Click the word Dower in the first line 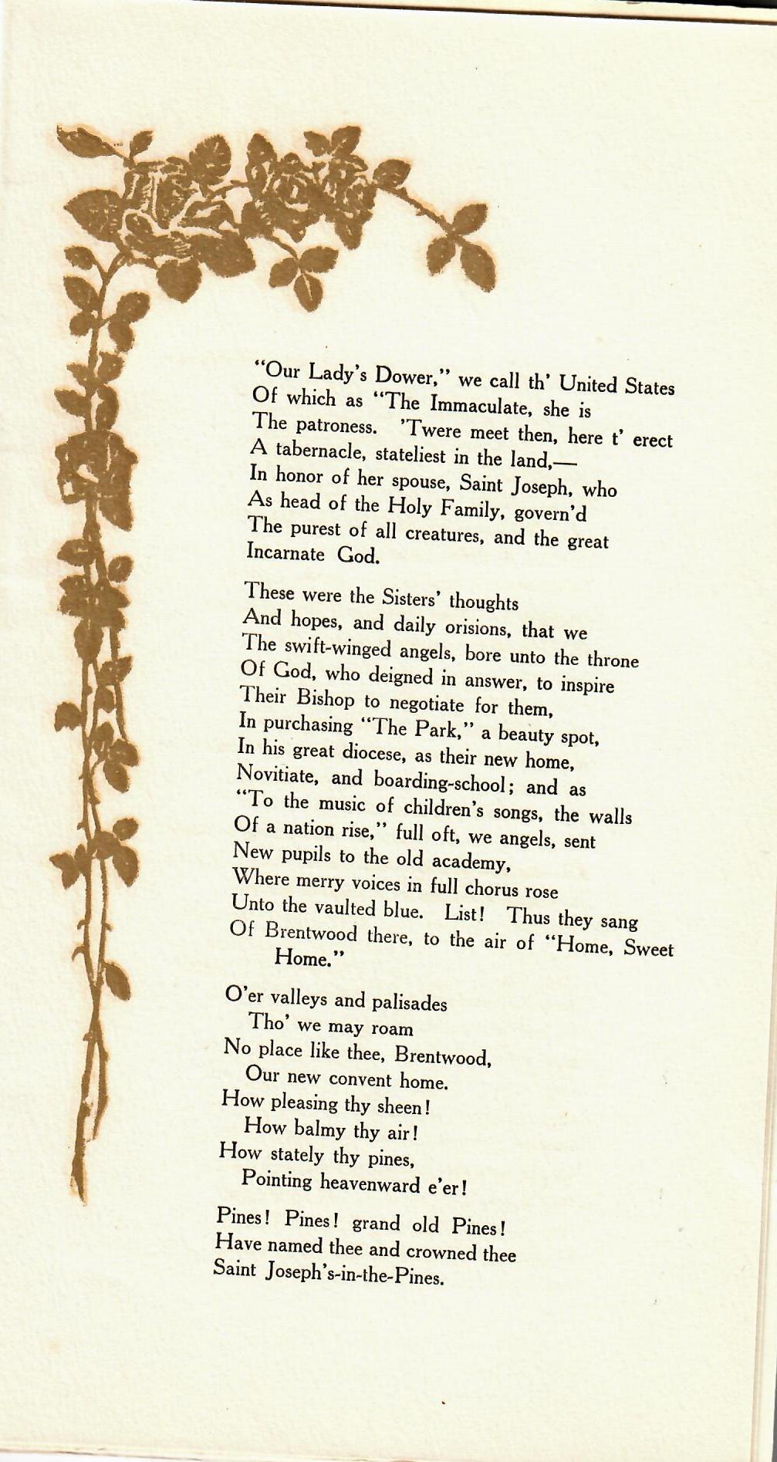[407, 376]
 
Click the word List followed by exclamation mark [465, 912]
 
